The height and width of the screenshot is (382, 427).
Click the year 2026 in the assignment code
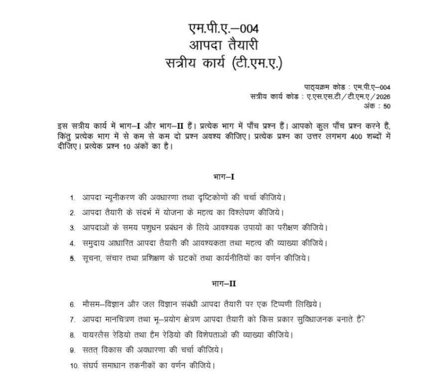pos(384,97)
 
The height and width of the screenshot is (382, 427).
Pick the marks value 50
pos(387,106)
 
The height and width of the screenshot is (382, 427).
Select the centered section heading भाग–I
pos(223,177)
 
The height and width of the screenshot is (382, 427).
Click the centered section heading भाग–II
pos(223,283)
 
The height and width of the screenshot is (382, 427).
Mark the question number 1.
pos(72,198)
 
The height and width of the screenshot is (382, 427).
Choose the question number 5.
pos(72,258)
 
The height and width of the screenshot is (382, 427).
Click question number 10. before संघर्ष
pos(74,366)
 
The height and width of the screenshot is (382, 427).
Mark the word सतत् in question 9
pos(92,350)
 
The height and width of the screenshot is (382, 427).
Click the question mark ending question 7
pos(363,320)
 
